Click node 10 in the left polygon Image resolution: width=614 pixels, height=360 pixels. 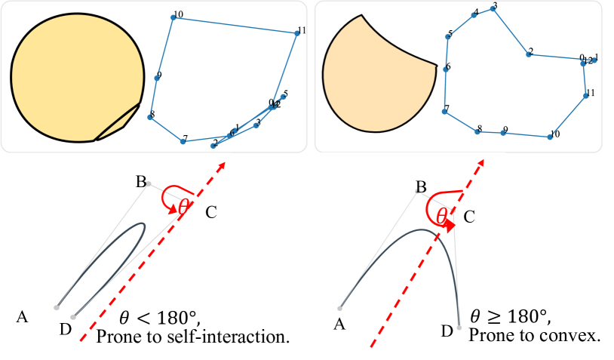click(173, 18)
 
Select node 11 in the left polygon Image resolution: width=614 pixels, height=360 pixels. click(296, 33)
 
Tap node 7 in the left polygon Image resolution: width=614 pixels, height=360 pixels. click(183, 140)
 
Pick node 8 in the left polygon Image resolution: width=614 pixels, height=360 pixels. click(150, 118)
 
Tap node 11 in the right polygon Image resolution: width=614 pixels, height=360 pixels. click(586, 95)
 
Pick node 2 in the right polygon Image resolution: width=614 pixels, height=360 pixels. click(529, 54)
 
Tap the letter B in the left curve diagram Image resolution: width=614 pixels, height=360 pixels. click(140, 181)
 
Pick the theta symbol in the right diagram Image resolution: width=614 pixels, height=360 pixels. click(443, 215)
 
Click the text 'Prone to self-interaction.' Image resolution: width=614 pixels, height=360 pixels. click(193, 336)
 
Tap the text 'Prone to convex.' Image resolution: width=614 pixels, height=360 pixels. click(534, 335)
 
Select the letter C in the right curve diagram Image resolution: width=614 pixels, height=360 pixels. click(468, 217)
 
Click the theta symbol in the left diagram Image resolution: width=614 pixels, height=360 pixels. click(183, 205)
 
